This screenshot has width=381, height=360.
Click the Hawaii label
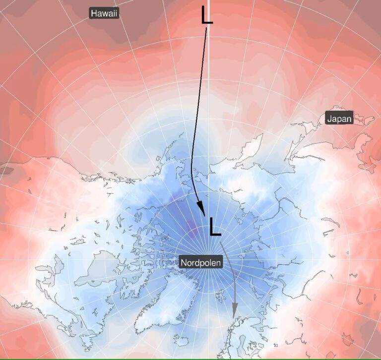104,13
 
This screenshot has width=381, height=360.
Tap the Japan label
339,119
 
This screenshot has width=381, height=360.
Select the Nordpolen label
200,262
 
